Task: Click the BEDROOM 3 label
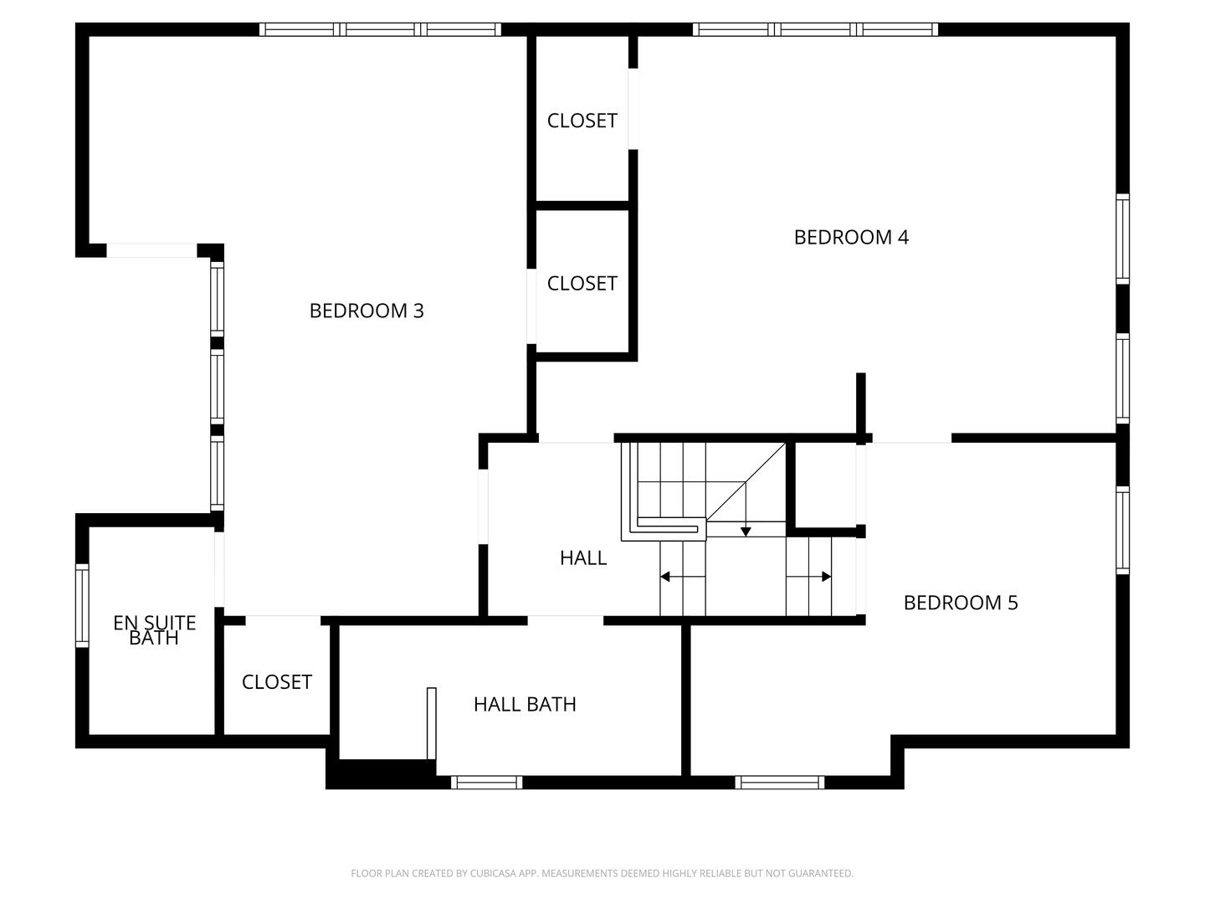[367, 311]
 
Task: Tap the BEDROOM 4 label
[851, 237]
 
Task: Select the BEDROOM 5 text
[961, 603]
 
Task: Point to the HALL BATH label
[525, 705]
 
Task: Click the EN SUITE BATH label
[154, 630]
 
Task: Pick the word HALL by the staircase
[583, 557]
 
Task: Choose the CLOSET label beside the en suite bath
[276, 682]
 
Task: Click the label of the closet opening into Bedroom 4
[582, 121]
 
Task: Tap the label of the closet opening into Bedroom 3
[582, 284]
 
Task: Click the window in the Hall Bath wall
[486, 783]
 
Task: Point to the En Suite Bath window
[82, 605]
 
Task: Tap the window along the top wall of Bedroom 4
[816, 29]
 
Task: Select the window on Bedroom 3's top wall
[380, 29]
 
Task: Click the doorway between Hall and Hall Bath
[565, 620]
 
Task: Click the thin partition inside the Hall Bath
[432, 723]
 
